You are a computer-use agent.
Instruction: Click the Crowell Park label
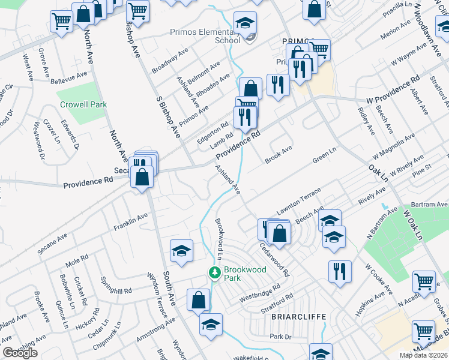(x=83, y=104)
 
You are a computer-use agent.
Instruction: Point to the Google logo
(x=20, y=353)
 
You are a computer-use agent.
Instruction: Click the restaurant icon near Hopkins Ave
(x=340, y=270)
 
